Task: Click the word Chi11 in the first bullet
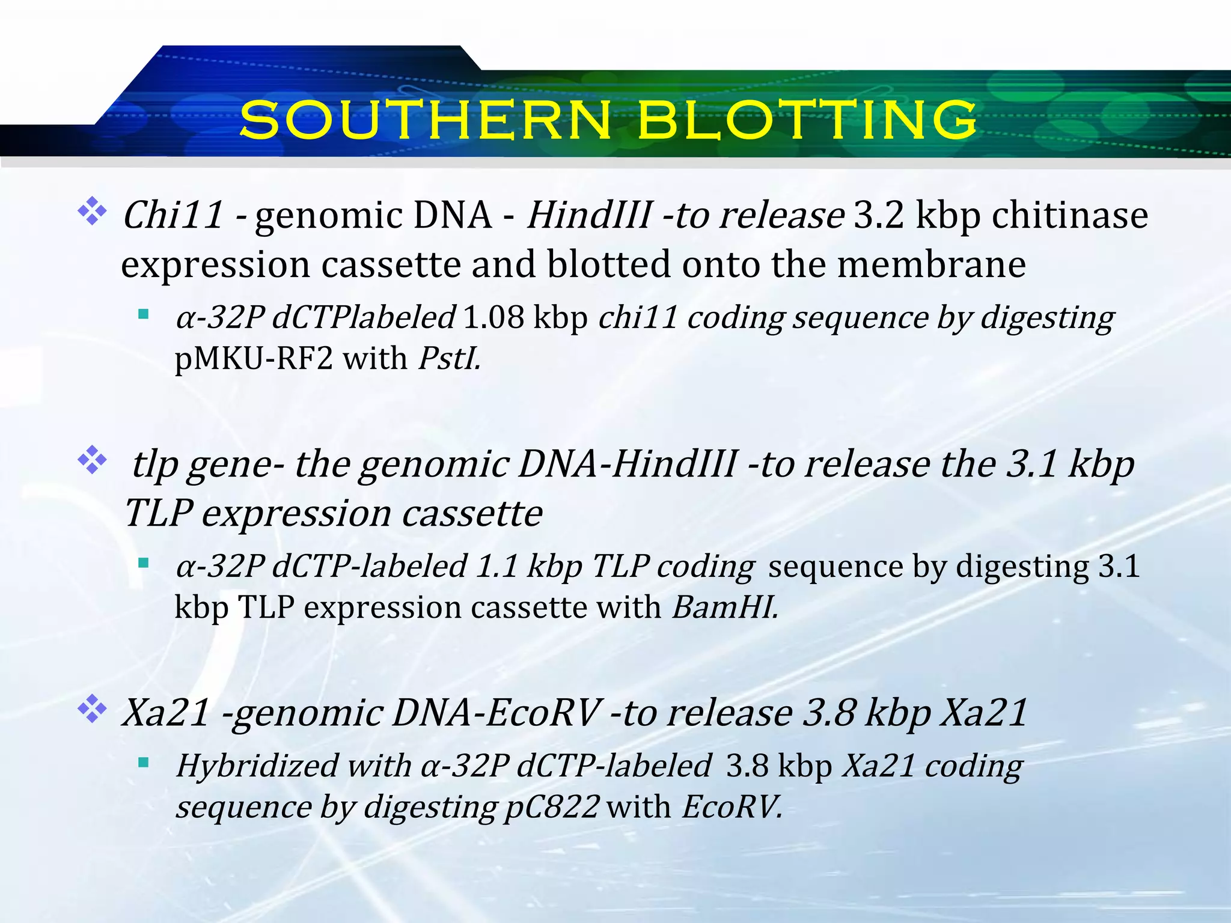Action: coord(173,215)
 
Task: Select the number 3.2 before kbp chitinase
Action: coord(879,215)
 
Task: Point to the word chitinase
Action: coord(1069,215)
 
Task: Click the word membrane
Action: coord(932,264)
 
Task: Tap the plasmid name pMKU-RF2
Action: coord(253,359)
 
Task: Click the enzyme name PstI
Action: coord(449,359)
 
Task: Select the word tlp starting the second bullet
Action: coord(154,465)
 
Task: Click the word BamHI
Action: coord(724,607)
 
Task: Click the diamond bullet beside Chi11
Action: coord(92,211)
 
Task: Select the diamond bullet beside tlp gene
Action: coord(92,460)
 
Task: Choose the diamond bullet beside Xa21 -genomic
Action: coord(92,709)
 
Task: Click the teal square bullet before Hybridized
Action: coord(143,763)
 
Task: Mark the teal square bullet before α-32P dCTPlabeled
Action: coord(143,314)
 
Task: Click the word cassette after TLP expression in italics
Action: coord(472,514)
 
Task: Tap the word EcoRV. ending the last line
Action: coord(732,806)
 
